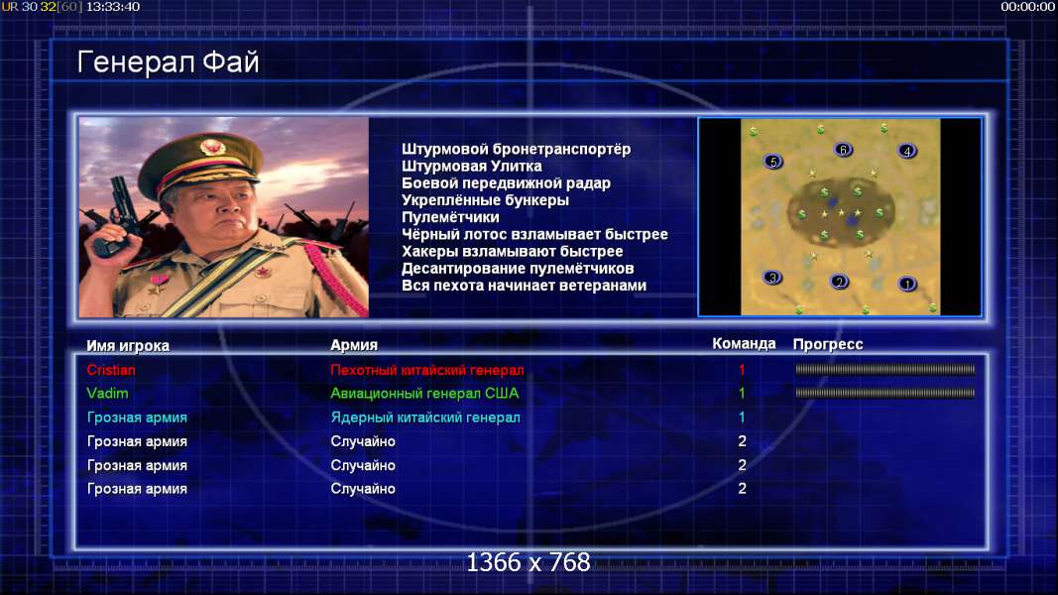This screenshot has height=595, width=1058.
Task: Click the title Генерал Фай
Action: [x=168, y=62]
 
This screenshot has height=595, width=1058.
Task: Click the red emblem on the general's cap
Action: [x=212, y=147]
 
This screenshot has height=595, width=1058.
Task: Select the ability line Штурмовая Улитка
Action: [x=472, y=166]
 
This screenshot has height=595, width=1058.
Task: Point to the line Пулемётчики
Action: [x=451, y=217]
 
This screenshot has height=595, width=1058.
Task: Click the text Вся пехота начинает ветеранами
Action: [x=525, y=286]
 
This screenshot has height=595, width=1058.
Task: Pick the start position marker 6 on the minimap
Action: [x=843, y=150]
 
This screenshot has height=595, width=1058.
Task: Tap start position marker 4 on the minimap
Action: [x=907, y=151]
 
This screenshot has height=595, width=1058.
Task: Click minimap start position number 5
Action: [x=773, y=162]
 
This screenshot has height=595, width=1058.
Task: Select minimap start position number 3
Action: [x=772, y=278]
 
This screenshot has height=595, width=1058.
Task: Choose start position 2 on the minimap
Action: [x=839, y=282]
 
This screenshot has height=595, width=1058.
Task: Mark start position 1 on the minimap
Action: [x=907, y=284]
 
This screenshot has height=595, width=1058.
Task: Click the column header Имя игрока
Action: [x=128, y=345]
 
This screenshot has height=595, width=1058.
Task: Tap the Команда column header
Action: [x=745, y=344]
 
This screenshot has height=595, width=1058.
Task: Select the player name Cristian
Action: [x=111, y=370]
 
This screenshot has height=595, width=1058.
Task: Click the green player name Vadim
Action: [x=107, y=394]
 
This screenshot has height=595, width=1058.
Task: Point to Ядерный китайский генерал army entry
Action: [x=425, y=417]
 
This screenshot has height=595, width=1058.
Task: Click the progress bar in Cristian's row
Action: [x=885, y=370]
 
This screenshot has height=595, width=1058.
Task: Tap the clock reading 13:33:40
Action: [x=113, y=7]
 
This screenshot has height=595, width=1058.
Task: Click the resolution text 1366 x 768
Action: [x=529, y=562]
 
